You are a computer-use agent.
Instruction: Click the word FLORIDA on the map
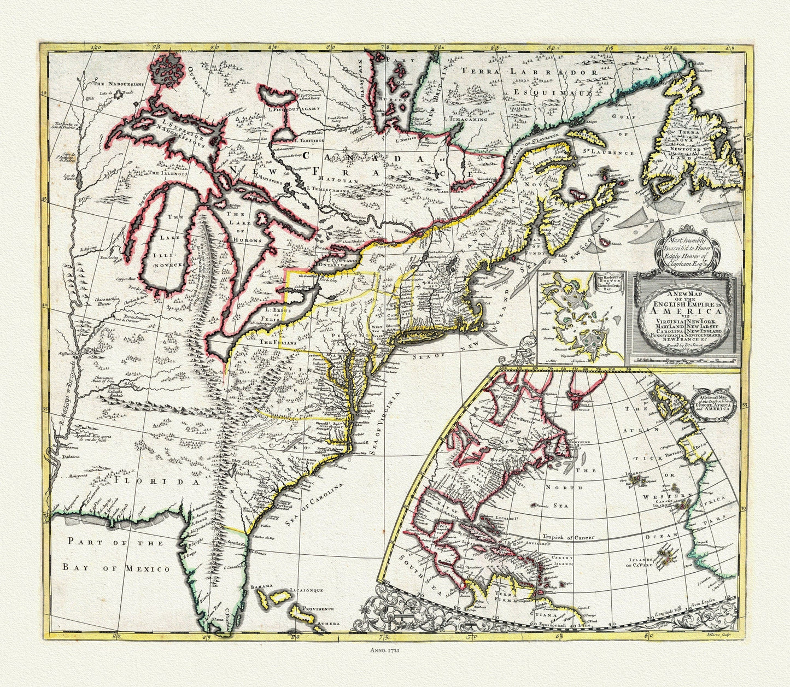click(x=155, y=481)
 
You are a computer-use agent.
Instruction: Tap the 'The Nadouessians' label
click(x=117, y=84)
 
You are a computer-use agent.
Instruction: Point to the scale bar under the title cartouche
click(x=683, y=361)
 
